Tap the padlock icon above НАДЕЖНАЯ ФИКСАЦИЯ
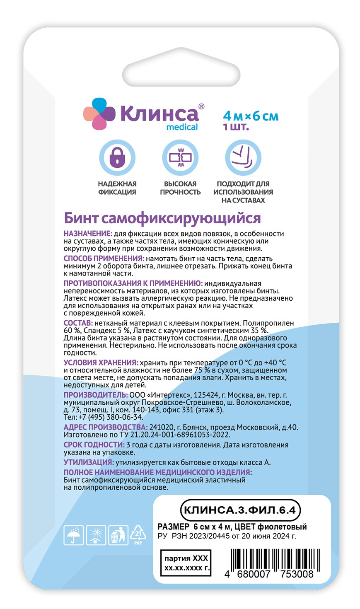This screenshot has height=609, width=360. (117, 158)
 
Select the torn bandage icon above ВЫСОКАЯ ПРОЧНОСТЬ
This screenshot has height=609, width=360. (180, 158)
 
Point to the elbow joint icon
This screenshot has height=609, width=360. (243, 158)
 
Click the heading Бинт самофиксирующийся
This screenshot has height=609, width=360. (162, 218)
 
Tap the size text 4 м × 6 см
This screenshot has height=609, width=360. (251, 116)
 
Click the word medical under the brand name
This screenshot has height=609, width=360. (182, 127)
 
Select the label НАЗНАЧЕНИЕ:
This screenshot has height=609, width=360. (88, 234)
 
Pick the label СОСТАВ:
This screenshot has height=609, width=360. (78, 323)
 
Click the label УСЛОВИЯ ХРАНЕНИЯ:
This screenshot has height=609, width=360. (101, 362)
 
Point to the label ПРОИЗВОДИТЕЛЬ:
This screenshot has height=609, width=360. (96, 395)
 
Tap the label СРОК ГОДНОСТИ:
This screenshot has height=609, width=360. (94, 445)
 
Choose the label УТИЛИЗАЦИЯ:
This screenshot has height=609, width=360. (89, 462)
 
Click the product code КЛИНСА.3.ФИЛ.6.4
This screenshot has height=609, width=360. (240, 510)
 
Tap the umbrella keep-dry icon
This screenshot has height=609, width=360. (73, 535)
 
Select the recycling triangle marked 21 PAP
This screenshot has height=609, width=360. (138, 534)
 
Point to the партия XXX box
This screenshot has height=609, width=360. (186, 563)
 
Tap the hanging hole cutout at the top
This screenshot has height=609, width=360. (181, 73)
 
